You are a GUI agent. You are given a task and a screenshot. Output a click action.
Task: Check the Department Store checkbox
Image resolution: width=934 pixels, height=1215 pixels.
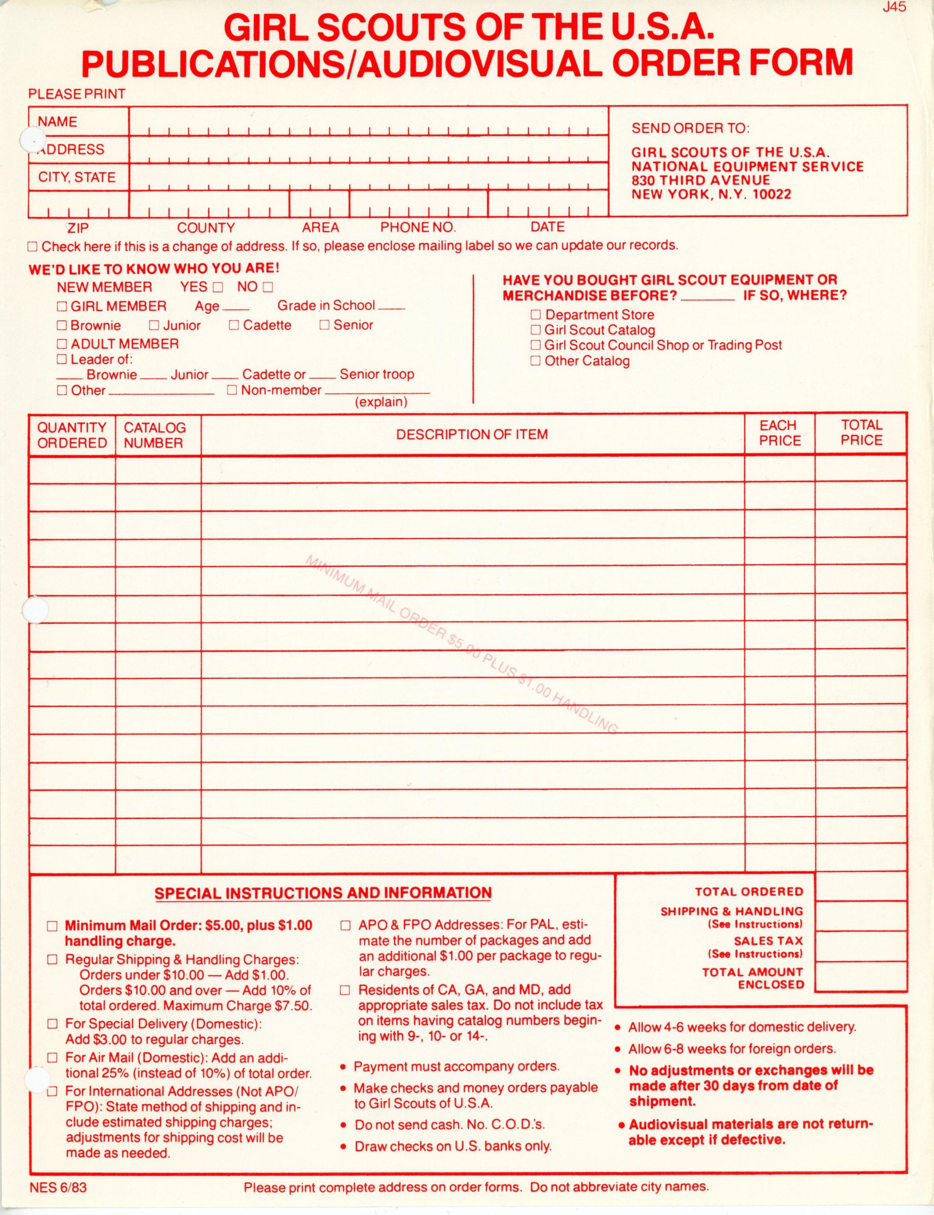[535, 315]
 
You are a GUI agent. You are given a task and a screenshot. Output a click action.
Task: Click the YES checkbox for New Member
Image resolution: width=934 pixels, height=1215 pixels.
[217, 287]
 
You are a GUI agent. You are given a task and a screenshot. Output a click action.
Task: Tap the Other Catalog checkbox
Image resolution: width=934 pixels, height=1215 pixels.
[535, 361]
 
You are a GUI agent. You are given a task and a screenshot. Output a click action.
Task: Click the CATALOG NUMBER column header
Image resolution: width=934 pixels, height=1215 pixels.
[154, 435]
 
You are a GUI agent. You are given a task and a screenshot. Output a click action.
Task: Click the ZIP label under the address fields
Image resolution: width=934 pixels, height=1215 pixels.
[78, 227]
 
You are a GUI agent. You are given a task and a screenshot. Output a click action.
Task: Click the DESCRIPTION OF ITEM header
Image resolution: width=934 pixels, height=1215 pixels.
[472, 434]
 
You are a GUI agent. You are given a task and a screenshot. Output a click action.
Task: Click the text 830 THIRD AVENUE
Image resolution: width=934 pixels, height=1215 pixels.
[700, 180]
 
